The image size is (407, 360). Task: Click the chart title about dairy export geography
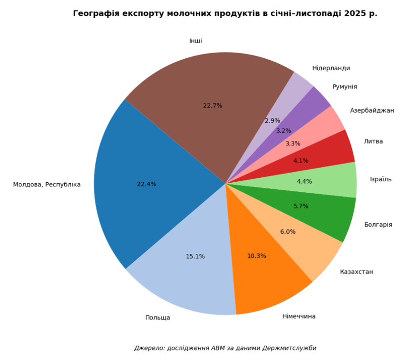point(225,14)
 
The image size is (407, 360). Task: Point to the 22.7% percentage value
point(212,106)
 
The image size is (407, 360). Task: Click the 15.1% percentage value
point(195,257)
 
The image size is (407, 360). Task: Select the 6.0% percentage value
point(288,231)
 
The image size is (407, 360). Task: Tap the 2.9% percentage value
point(273,121)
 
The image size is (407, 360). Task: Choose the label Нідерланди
point(331,68)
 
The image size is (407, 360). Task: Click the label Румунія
point(345,87)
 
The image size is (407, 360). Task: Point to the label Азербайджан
point(372,110)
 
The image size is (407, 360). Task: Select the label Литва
point(373,141)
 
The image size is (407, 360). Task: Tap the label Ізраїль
point(381,179)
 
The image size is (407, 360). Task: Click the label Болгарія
point(378,225)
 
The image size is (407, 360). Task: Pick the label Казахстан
point(356,272)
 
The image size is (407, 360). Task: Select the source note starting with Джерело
point(225,348)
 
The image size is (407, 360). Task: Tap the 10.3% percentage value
point(257,256)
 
